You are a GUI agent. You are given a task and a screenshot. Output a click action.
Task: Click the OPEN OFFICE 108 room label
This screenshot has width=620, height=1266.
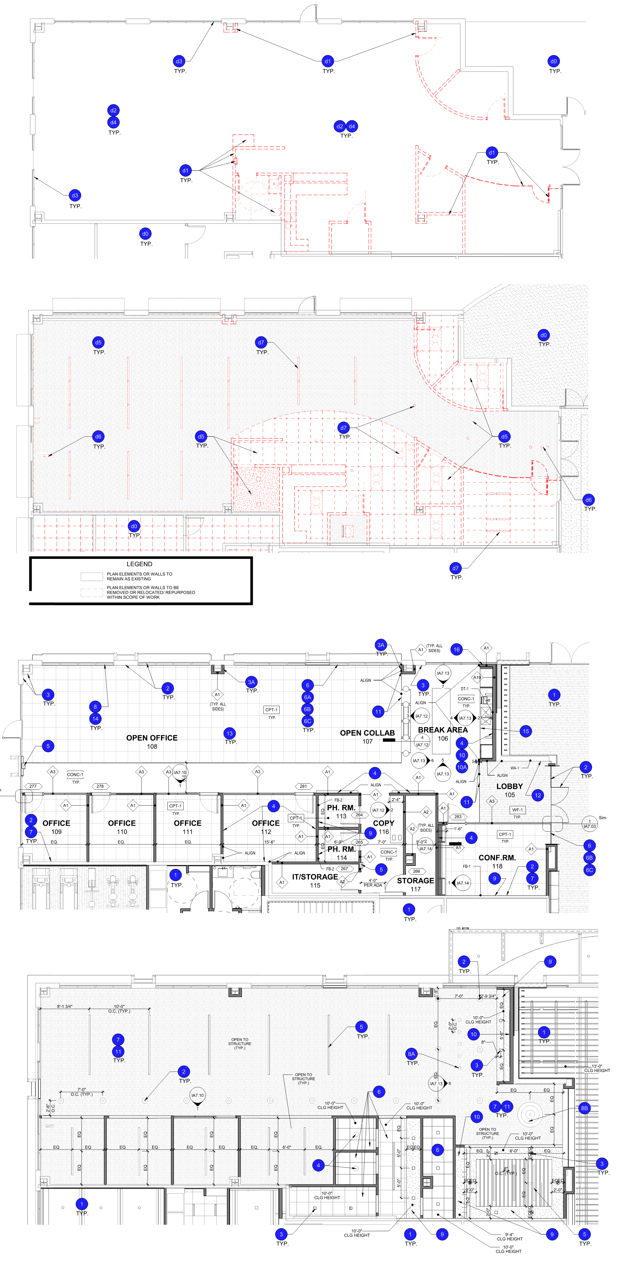coord(152,742)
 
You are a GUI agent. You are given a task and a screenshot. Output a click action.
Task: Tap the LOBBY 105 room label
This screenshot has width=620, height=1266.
coord(510,790)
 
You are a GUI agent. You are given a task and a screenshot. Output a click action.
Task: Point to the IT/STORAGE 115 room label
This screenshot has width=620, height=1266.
coord(315,881)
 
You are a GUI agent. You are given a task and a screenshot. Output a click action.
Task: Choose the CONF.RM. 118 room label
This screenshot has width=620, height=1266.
coord(497,861)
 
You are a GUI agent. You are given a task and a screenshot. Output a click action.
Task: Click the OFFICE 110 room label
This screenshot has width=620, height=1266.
coord(122,827)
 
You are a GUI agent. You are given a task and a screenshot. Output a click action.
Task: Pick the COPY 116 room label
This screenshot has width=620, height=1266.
coord(384,827)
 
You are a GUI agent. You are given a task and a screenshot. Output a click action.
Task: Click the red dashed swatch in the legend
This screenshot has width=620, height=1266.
coord(92,592)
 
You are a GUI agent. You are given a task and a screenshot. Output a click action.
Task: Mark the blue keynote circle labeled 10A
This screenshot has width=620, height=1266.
coord(462,767)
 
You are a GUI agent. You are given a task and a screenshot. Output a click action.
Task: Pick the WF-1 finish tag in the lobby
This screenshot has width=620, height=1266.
coord(517,809)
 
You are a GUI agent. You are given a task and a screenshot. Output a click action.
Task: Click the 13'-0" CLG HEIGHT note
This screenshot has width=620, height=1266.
coord(597,1069)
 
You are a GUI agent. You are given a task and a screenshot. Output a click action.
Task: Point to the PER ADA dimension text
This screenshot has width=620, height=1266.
coord(373,885)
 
